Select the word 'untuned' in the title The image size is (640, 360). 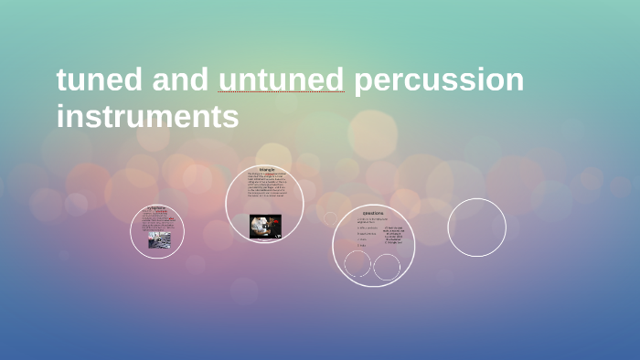tap(282, 79)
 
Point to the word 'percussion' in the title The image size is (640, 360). tap(439, 81)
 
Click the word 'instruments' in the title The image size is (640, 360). tap(147, 117)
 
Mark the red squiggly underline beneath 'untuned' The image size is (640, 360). tap(282, 93)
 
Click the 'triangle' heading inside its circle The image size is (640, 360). tap(266, 170)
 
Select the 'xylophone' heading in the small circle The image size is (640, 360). tap(156, 207)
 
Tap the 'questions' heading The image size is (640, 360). tap(373, 212)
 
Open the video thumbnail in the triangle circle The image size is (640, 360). tap(265, 225)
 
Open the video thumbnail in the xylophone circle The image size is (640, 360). tap(156, 239)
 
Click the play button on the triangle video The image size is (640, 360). tap(265, 225)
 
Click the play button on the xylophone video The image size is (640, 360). tap(156, 239)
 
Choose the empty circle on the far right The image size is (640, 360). tap(476, 228)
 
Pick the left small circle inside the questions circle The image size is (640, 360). tap(358, 264)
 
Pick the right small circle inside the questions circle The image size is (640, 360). tap(387, 267)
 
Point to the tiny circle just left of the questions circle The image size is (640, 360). tap(330, 219)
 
